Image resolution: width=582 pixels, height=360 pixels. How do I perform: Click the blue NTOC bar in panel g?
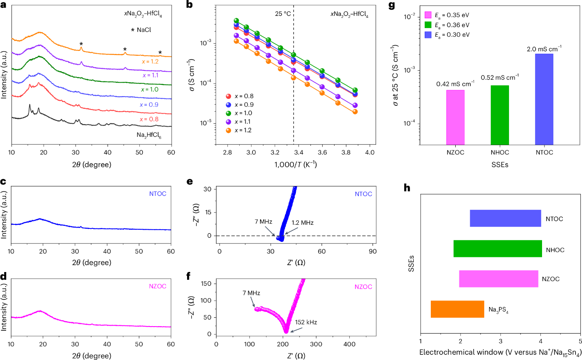(544, 99)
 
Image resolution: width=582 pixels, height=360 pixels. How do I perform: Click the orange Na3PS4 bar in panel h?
(457, 309)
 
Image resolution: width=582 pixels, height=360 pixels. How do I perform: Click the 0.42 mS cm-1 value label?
(455, 84)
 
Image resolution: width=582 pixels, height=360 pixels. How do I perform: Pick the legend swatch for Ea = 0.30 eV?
(428, 35)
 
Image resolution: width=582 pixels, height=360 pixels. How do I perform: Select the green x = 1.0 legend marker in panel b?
(229, 113)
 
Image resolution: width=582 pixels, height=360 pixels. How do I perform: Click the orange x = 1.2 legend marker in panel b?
(229, 130)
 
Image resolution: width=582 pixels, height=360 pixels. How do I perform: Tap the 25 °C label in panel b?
(283, 14)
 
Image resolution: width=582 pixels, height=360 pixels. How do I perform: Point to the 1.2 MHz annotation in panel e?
(302, 223)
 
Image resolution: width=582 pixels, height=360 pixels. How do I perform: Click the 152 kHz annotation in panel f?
(306, 322)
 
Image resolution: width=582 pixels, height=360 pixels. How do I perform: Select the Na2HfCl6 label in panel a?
(149, 135)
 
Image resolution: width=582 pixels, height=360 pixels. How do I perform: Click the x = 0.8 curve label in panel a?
(149, 119)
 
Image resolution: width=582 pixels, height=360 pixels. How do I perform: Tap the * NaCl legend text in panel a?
(141, 30)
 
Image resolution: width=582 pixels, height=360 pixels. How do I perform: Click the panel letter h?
(406, 188)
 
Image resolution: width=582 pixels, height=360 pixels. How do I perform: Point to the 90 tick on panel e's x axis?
(373, 251)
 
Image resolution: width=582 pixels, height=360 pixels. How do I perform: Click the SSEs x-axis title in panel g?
(500, 165)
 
